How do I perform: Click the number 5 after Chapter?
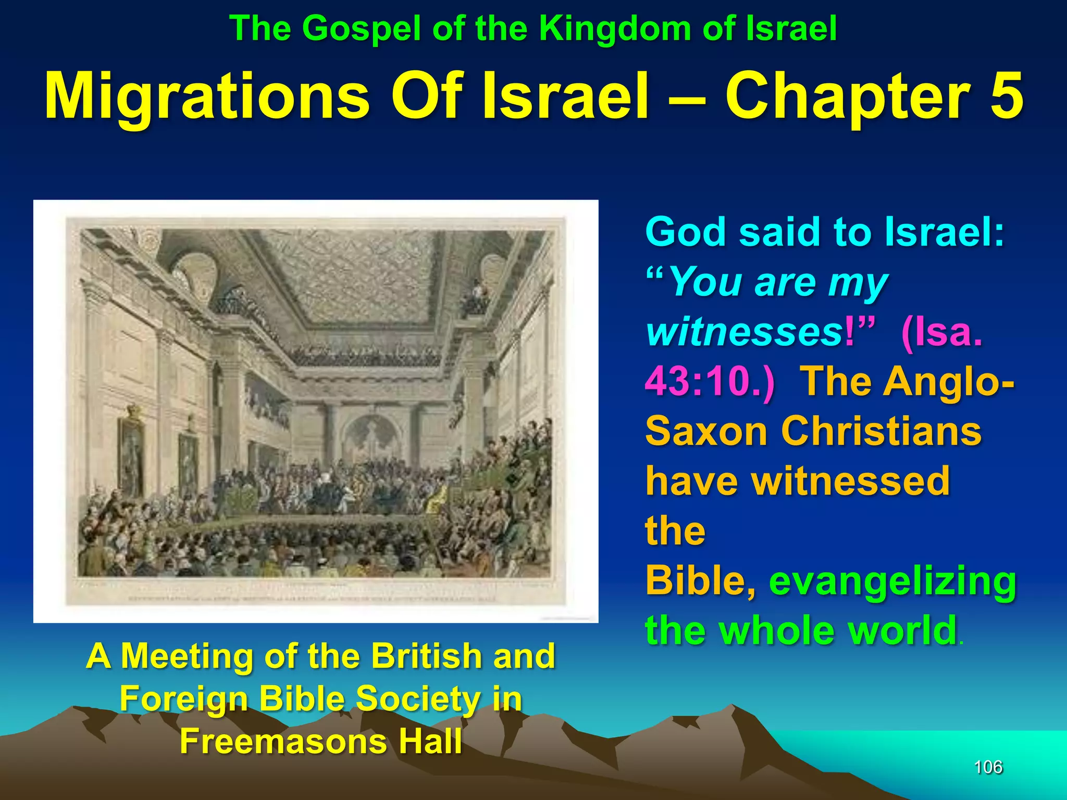click(1006, 96)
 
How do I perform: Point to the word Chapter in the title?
click(847, 96)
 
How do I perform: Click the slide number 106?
click(988, 767)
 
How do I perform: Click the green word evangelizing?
click(892, 581)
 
